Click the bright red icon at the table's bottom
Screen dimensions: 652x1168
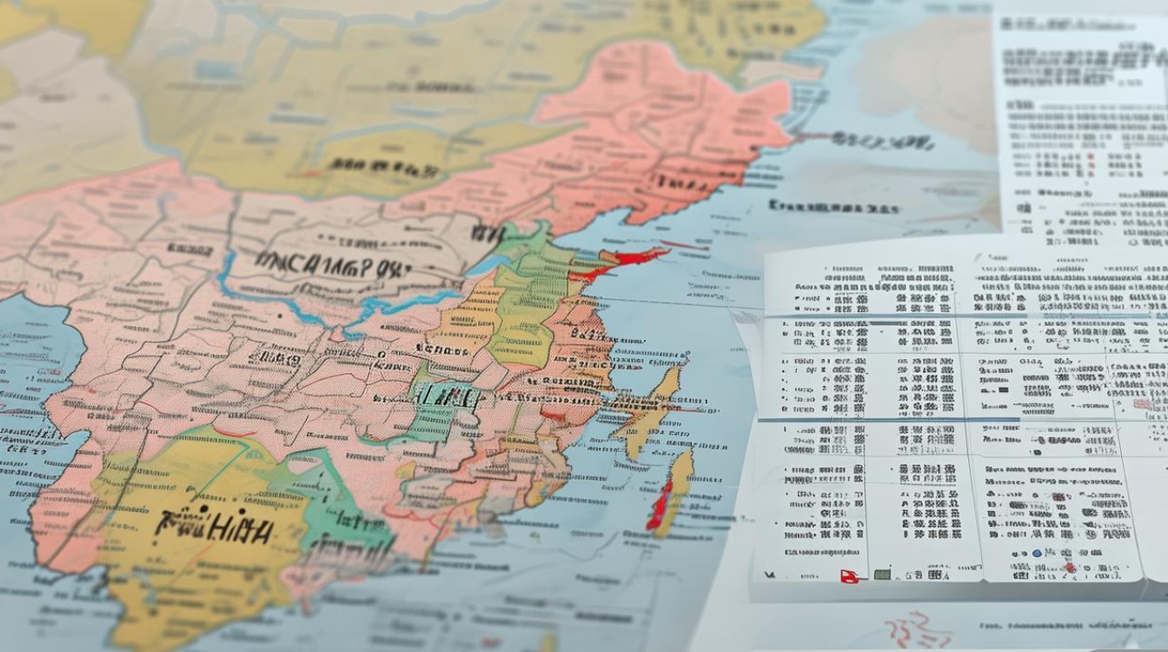[x=849, y=575]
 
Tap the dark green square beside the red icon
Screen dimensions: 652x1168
[x=882, y=575]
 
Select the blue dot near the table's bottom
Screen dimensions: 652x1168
[x=1037, y=554]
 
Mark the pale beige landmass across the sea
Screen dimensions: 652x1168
[x=921, y=78]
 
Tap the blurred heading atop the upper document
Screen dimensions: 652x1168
[x=1078, y=61]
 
